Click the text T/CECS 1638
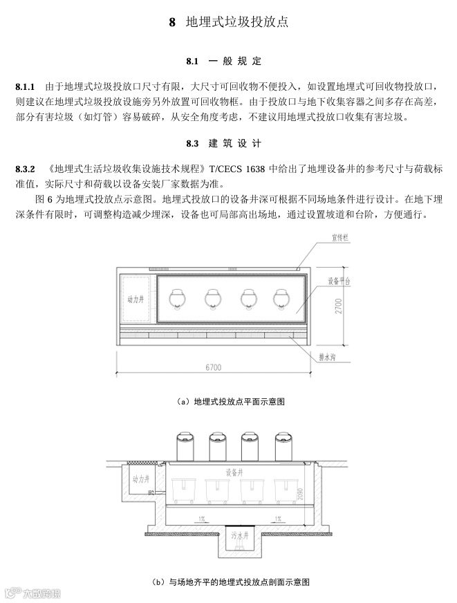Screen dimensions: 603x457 click(x=242, y=169)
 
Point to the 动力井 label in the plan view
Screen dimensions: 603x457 click(x=135, y=300)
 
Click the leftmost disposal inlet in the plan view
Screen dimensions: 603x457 click(x=178, y=298)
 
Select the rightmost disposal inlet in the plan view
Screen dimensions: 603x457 click(x=285, y=298)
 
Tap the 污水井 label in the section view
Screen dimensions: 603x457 click(x=239, y=535)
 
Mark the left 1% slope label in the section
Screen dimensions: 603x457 click(x=201, y=517)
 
